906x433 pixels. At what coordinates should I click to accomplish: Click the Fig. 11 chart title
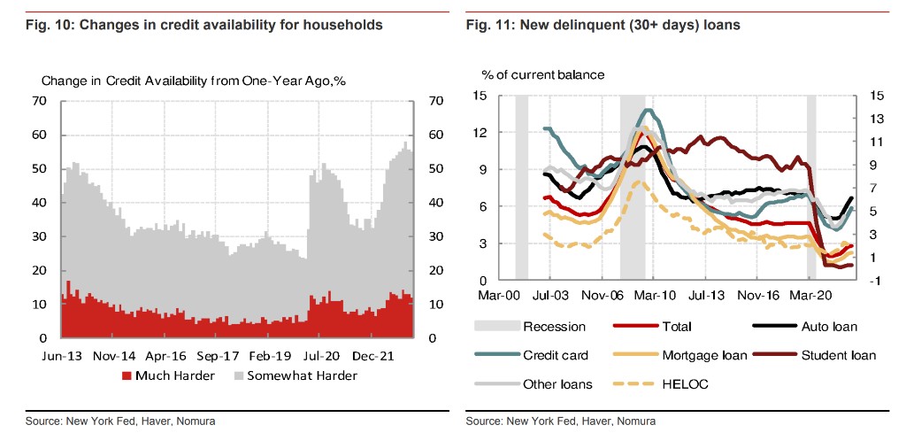tap(603, 26)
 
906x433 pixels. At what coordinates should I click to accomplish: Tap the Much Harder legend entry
tap(167, 375)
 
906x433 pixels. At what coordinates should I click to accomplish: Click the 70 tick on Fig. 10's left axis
tap(39, 101)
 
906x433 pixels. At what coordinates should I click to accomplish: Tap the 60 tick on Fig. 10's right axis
tap(434, 135)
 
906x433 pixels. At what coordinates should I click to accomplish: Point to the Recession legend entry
tap(555, 327)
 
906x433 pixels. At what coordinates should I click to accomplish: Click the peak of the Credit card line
tap(649, 110)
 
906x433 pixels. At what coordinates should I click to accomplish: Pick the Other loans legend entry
tap(557, 384)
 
